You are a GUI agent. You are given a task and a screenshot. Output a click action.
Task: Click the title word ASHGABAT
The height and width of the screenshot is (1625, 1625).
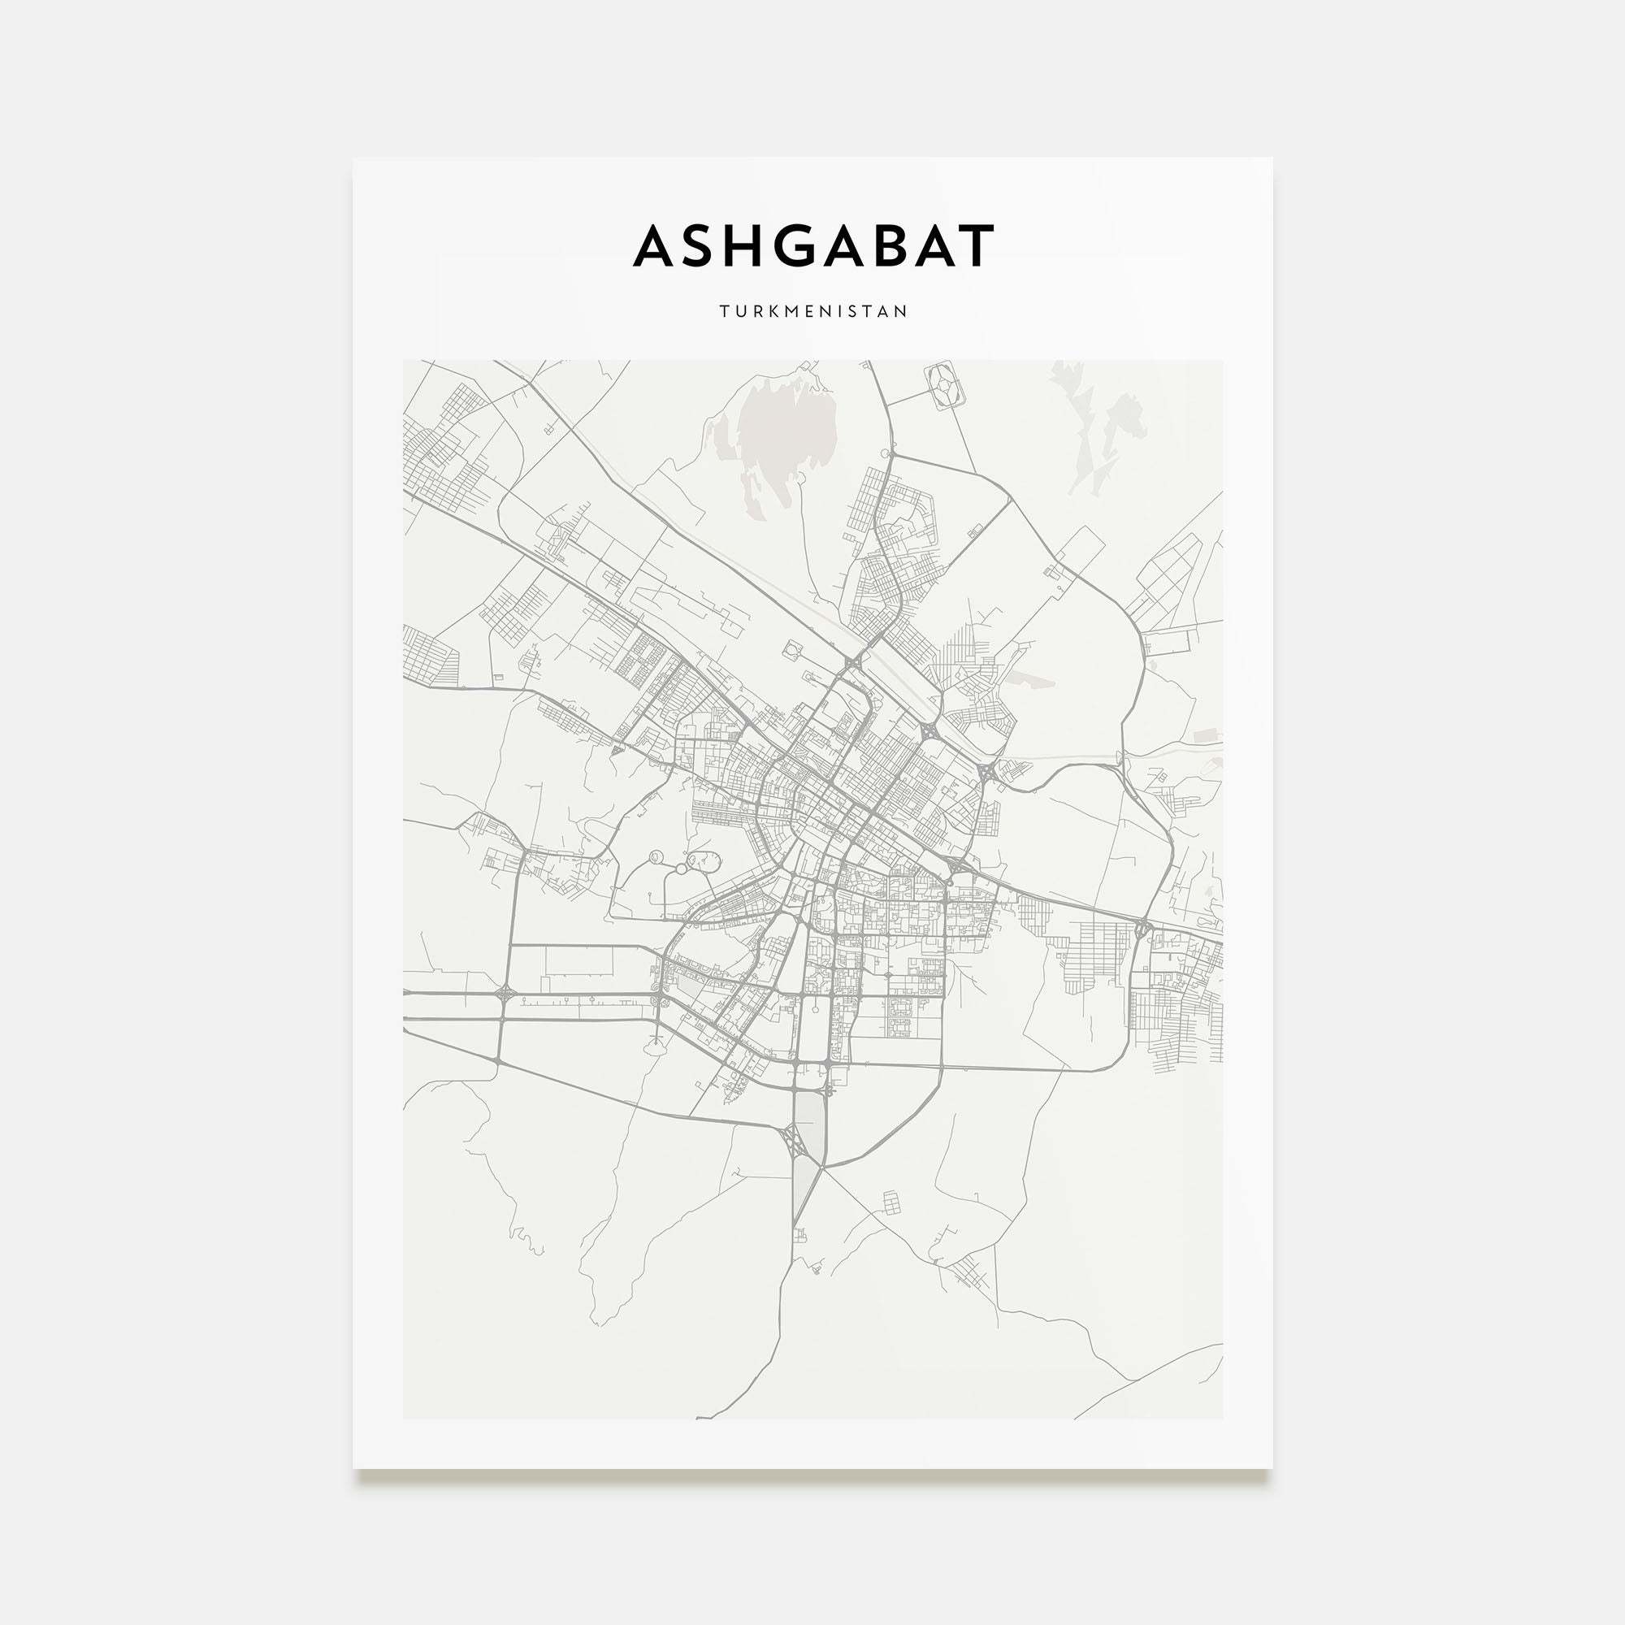pos(813,245)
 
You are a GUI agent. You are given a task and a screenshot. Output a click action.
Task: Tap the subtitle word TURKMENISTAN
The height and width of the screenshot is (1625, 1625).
pos(813,311)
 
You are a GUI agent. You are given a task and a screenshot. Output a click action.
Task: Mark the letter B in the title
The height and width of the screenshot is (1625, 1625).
pos(895,245)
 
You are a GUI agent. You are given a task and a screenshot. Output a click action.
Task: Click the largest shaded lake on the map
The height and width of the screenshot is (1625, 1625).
pos(786,429)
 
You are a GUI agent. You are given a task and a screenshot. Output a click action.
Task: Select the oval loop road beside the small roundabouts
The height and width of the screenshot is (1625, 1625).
pos(703,860)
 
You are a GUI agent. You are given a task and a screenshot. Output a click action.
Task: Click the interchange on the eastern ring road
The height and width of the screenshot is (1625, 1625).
pos(1142,929)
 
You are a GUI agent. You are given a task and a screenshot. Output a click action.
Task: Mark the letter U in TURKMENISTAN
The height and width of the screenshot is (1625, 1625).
pos(739,311)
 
